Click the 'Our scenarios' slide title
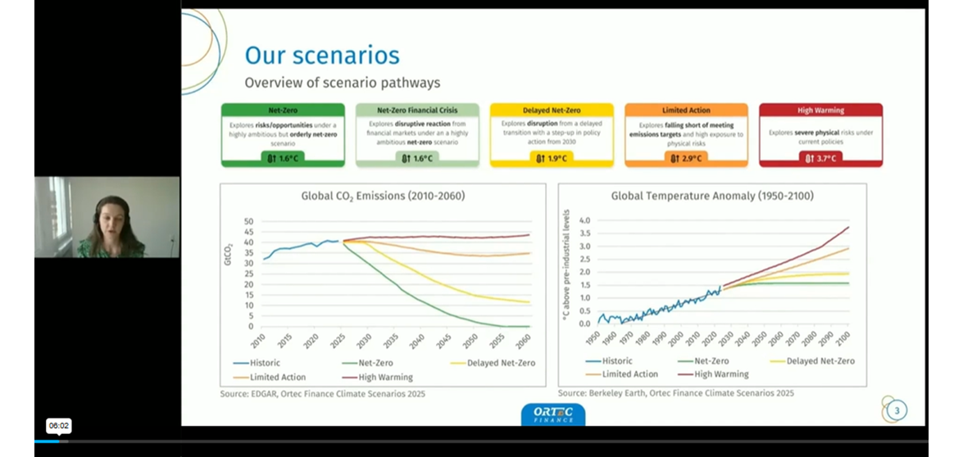click(322, 56)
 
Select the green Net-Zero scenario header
click(283, 110)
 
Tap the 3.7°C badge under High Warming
click(820, 158)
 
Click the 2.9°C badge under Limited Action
click(686, 158)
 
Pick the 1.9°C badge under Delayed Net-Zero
click(552, 158)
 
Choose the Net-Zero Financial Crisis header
click(417, 110)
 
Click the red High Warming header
click(820, 110)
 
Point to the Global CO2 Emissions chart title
click(383, 196)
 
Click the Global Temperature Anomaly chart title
click(712, 196)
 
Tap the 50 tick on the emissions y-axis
click(248, 222)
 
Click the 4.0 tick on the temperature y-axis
click(584, 220)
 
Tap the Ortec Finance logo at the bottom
click(553, 414)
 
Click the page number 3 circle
click(897, 410)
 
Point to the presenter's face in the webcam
click(109, 217)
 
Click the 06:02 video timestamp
click(59, 426)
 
